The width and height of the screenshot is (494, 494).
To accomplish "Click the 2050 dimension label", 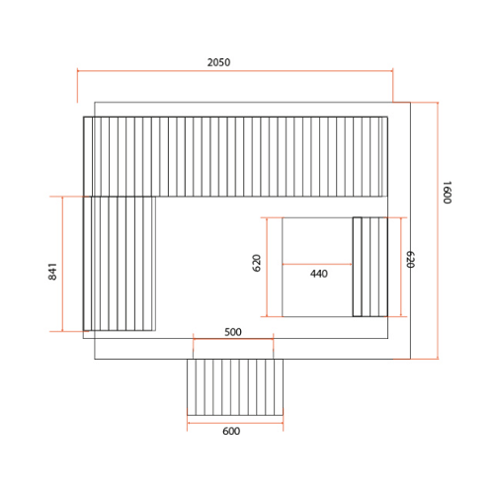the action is (x=218, y=62).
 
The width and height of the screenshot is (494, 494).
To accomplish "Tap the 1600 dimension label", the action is (x=447, y=193).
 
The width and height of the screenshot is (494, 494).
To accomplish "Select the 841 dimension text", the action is (x=52, y=272).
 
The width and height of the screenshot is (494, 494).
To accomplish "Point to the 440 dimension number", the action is (x=319, y=274).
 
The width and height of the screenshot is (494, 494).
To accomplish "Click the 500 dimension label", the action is (x=233, y=332).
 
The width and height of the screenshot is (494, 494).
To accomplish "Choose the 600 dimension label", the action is (x=231, y=431).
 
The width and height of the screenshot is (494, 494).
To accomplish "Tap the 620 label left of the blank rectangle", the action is (x=257, y=263).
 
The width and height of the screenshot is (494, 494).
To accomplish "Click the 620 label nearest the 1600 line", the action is (x=410, y=260).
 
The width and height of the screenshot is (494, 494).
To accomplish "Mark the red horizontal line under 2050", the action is (x=235, y=70).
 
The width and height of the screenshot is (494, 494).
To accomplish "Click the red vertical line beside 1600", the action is (x=438, y=230).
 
